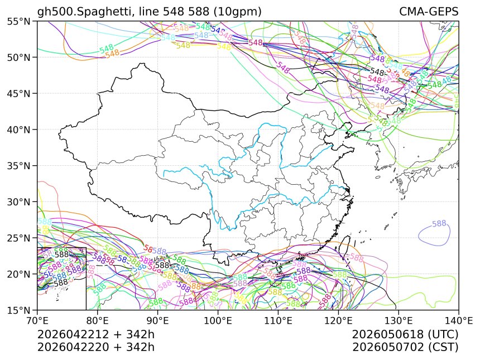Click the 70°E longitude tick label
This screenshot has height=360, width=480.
(x=37, y=321)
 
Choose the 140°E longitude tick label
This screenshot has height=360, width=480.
(x=458, y=321)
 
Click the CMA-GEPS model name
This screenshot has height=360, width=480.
(x=429, y=12)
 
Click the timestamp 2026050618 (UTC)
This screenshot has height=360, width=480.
(x=405, y=335)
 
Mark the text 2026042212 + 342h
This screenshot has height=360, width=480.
(x=95, y=335)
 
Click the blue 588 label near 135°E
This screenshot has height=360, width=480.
(x=439, y=224)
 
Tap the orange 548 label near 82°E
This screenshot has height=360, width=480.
(x=112, y=54)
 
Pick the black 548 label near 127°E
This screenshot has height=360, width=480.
(x=378, y=71)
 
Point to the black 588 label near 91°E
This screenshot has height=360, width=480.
(x=162, y=265)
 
